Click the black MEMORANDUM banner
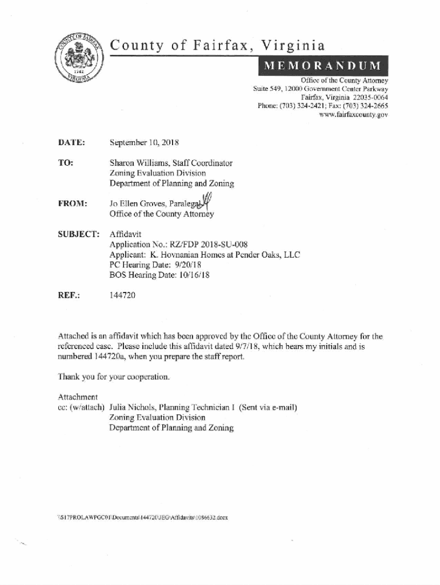(323, 66)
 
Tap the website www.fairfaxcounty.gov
(355, 115)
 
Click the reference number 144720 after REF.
(122, 295)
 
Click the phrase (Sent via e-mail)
(268, 408)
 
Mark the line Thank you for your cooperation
(114, 377)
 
